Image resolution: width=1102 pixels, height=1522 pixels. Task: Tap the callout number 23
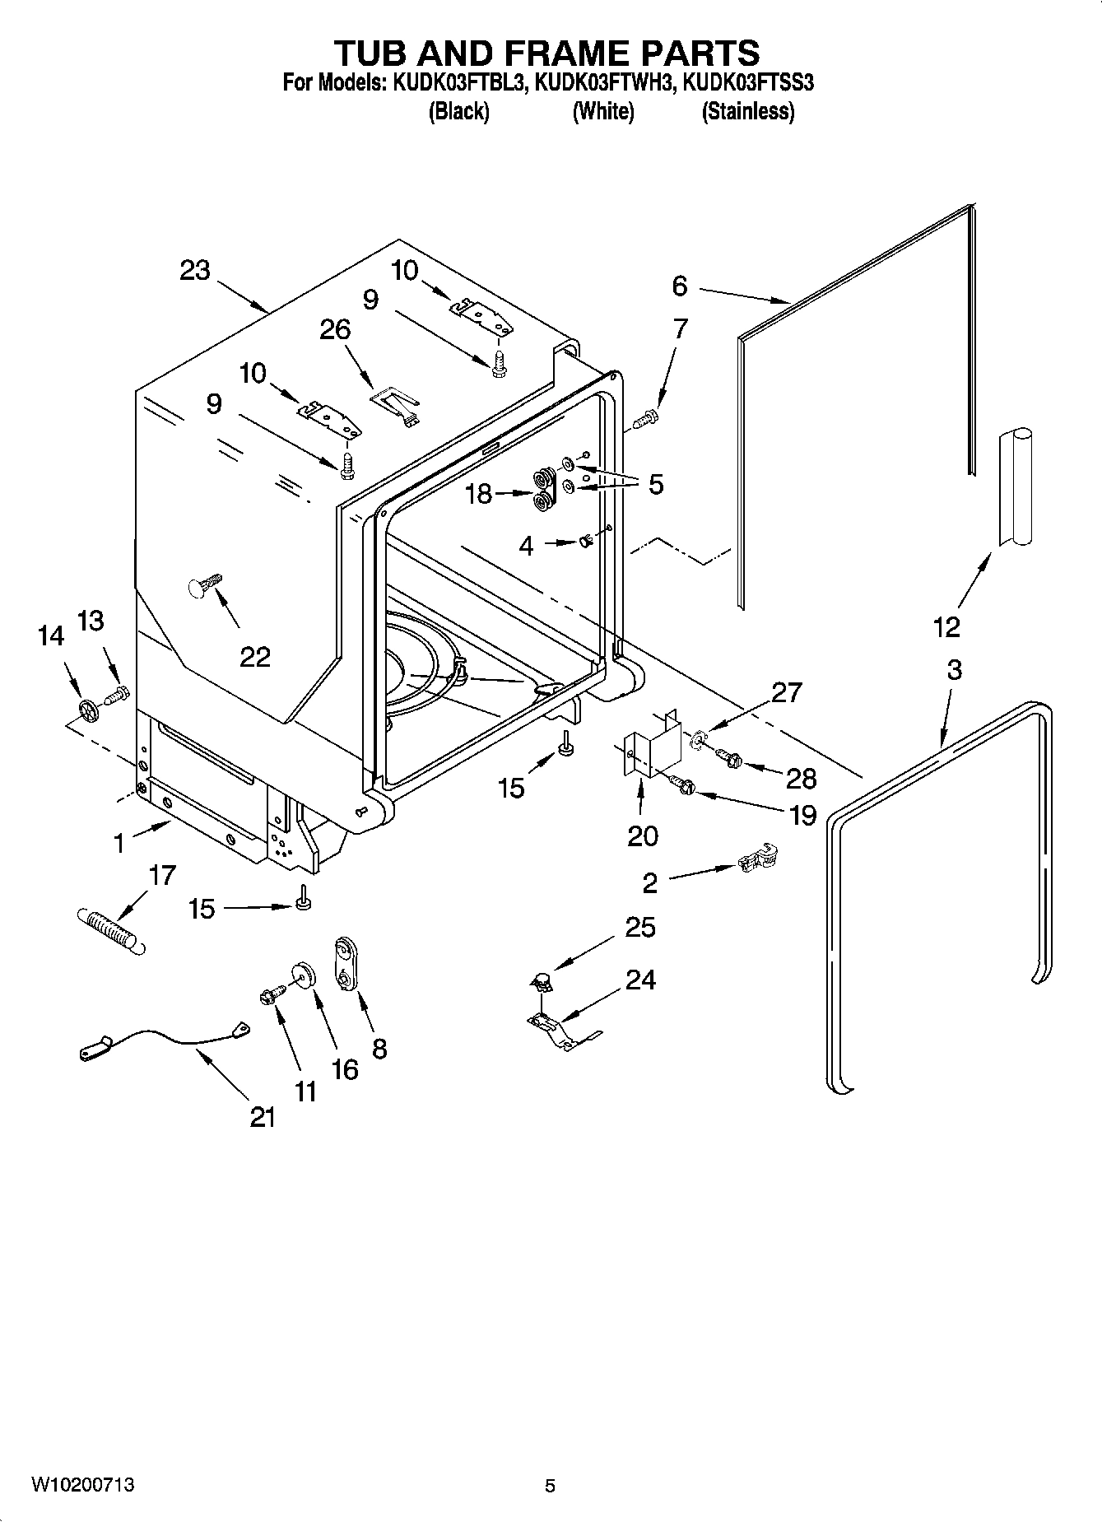[195, 270]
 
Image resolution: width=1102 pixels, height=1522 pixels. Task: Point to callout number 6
[679, 286]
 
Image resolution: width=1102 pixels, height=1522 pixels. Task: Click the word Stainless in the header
[747, 112]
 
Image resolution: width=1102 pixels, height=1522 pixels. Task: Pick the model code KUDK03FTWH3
[605, 82]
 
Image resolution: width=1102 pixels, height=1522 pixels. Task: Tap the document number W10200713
[82, 1485]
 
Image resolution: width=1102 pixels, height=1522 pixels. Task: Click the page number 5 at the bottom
[550, 1486]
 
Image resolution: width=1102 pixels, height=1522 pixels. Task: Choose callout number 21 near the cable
[263, 1117]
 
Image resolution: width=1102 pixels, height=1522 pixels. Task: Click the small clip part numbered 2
[757, 859]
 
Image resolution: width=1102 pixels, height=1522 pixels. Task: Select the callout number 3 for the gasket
[953, 670]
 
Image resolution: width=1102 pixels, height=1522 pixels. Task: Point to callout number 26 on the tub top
[335, 329]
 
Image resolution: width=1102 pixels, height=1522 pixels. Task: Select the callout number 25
[639, 928]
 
